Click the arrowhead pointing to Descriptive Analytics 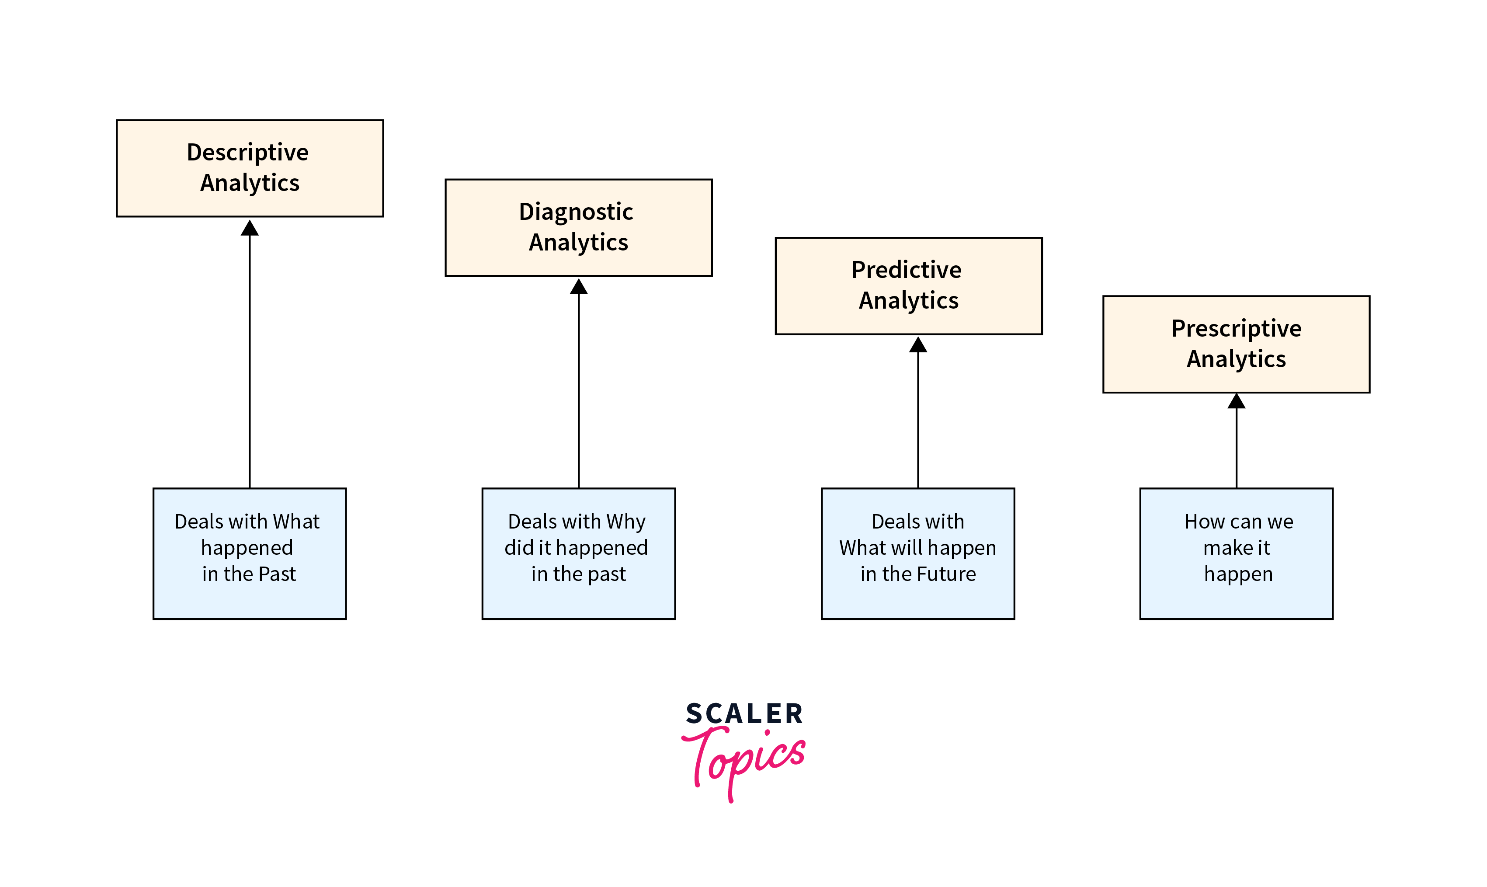pos(250,228)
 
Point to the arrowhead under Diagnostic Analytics pos(578,287)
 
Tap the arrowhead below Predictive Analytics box pos(917,345)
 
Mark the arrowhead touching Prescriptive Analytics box pos(1236,401)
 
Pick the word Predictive pos(906,270)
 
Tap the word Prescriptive pos(1236,329)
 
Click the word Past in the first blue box pos(277,574)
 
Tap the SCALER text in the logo pos(744,713)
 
